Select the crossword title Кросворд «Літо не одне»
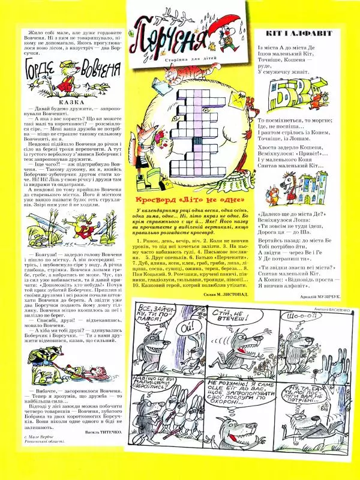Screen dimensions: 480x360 (x=190, y=199)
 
